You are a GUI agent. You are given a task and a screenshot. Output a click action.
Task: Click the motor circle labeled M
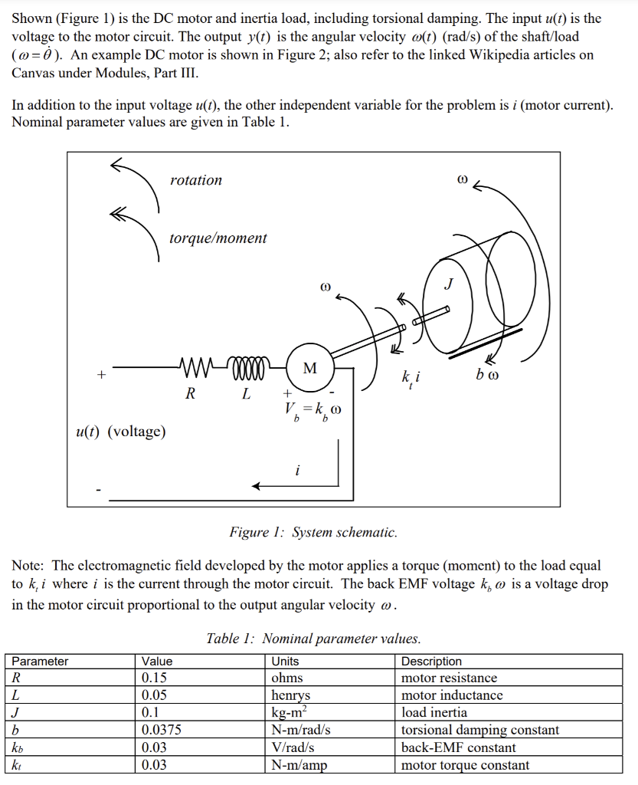tap(310, 368)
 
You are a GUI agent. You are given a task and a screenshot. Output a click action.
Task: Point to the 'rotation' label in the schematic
tap(196, 180)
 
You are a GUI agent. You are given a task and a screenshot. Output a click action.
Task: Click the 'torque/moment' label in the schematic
tap(218, 238)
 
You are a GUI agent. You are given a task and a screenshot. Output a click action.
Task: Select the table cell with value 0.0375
tap(162, 730)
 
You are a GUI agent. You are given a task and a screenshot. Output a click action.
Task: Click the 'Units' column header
tap(286, 661)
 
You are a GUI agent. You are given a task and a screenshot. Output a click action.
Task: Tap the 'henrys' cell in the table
tap(291, 695)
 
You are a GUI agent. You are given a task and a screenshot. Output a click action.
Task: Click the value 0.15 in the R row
tap(155, 678)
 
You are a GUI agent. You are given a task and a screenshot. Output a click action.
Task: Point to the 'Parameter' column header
tap(40, 661)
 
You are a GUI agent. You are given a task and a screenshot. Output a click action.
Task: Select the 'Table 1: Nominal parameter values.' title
tap(313, 639)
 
